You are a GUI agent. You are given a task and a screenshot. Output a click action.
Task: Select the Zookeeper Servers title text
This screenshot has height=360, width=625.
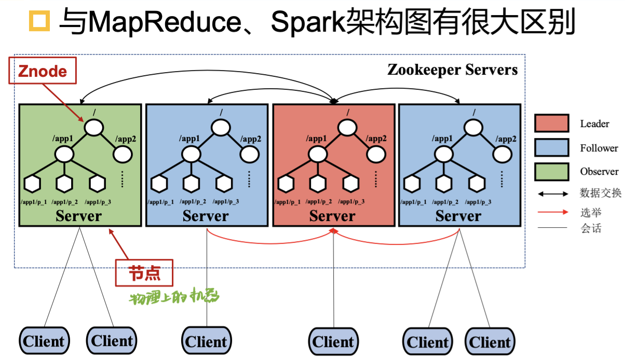click(x=452, y=70)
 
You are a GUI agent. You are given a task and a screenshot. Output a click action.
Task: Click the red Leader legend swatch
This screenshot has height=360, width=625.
click(x=551, y=124)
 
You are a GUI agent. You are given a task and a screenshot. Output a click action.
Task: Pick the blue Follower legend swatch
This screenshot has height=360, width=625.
click(x=551, y=148)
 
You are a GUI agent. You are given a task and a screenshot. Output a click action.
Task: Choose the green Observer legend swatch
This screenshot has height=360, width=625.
click(x=551, y=172)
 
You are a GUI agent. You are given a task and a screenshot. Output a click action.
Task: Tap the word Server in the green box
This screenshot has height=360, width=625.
click(x=79, y=216)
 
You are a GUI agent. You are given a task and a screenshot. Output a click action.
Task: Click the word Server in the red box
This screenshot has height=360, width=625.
click(x=332, y=216)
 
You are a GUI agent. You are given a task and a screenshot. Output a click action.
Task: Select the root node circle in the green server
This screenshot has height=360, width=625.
click(x=94, y=128)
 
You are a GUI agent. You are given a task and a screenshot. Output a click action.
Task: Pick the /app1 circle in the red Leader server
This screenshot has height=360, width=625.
click(x=318, y=154)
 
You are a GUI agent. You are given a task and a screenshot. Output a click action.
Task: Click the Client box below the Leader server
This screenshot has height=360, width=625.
click(x=333, y=341)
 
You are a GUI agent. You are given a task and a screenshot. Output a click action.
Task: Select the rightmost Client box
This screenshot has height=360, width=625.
click(x=490, y=342)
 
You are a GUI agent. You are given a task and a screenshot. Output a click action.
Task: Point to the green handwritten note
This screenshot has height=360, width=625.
click(x=174, y=297)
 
